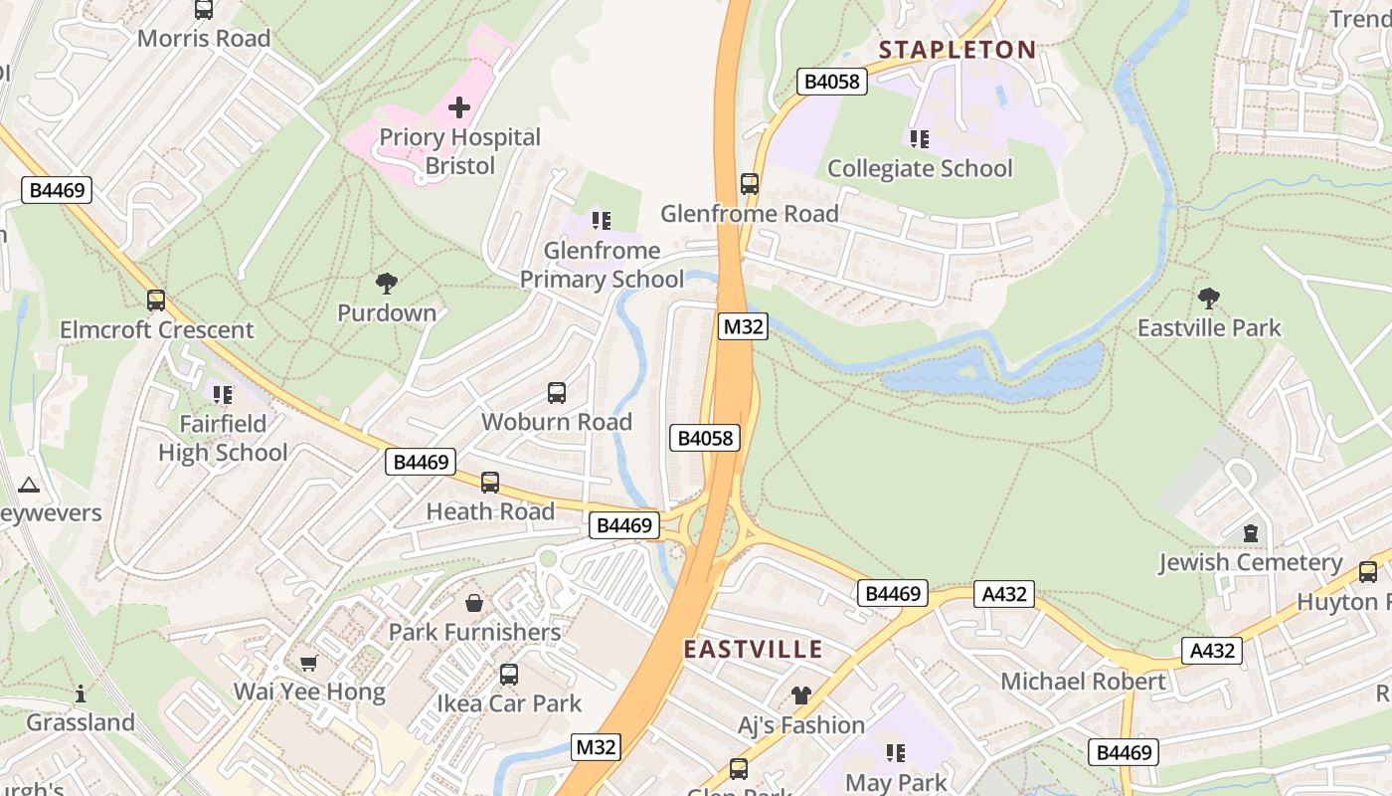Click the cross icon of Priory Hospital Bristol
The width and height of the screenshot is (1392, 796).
(x=459, y=106)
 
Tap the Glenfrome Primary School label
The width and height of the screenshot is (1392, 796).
(x=602, y=265)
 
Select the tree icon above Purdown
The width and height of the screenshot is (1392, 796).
(x=387, y=284)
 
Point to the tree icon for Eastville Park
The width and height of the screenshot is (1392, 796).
(x=1209, y=298)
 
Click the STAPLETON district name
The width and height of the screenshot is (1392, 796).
(x=957, y=50)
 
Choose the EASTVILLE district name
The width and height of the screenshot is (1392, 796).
(x=754, y=650)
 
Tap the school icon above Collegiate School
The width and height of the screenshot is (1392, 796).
(x=919, y=138)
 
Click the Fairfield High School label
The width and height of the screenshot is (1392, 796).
(x=223, y=438)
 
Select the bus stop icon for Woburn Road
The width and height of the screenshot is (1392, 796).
(x=557, y=393)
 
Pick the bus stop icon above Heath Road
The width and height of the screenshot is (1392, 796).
(x=490, y=483)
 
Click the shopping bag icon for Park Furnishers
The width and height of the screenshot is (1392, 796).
(x=474, y=603)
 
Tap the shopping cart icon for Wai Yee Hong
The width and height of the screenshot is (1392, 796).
(x=308, y=663)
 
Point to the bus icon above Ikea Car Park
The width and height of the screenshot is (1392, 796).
(x=509, y=675)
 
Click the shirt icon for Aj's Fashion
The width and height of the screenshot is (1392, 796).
(x=801, y=696)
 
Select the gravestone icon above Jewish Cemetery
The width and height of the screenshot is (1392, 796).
(x=1251, y=533)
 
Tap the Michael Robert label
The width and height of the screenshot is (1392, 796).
(x=1083, y=682)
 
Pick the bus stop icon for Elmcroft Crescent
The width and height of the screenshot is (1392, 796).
(x=156, y=300)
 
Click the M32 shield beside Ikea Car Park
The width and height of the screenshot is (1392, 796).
(x=597, y=747)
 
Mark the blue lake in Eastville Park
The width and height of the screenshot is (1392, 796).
(x=994, y=374)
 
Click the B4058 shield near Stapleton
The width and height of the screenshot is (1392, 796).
(x=832, y=82)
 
